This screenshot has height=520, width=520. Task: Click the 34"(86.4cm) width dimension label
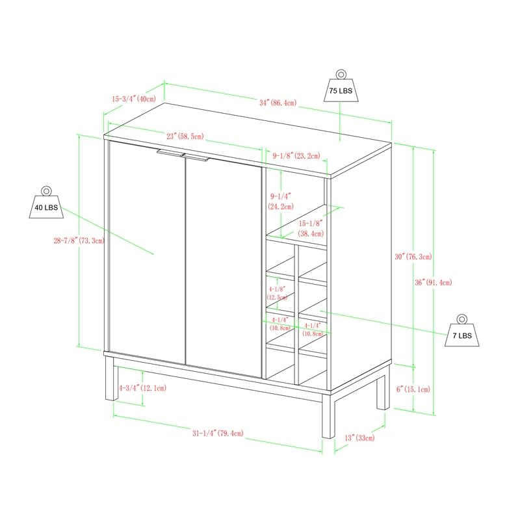278,103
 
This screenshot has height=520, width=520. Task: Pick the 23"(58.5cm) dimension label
185,136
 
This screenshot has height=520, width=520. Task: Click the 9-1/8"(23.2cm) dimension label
296,155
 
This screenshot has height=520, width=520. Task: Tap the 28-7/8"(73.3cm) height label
78,240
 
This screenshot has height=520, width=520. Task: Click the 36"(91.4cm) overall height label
434,282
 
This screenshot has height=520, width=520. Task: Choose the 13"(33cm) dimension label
359,438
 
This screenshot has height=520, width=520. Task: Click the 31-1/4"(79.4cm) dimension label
217,433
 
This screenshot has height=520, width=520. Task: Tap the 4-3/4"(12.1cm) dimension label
142,388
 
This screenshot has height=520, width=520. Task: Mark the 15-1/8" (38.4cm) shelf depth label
311,227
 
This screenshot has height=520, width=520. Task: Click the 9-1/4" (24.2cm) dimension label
280,200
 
